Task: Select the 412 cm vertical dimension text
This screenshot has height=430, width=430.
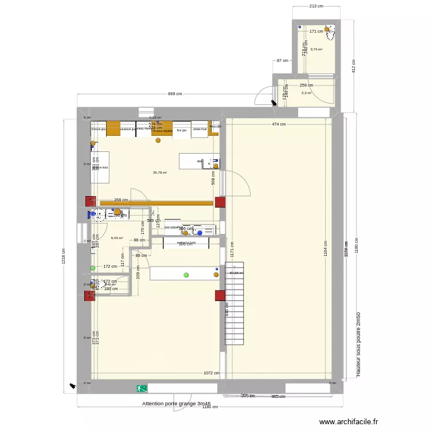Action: click(354, 69)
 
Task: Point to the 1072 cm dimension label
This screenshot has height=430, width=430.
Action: click(210, 373)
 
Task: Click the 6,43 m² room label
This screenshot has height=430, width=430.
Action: click(117, 238)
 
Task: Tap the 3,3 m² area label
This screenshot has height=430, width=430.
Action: click(306, 93)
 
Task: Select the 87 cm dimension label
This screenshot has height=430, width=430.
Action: click(282, 61)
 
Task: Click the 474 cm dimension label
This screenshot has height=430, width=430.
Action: click(279, 124)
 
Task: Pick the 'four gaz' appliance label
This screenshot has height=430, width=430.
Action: click(182, 130)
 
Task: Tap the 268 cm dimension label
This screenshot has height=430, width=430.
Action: click(120, 200)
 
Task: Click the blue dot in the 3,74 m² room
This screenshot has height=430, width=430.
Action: click(299, 27)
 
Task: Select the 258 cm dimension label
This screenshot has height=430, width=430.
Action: click(307, 85)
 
